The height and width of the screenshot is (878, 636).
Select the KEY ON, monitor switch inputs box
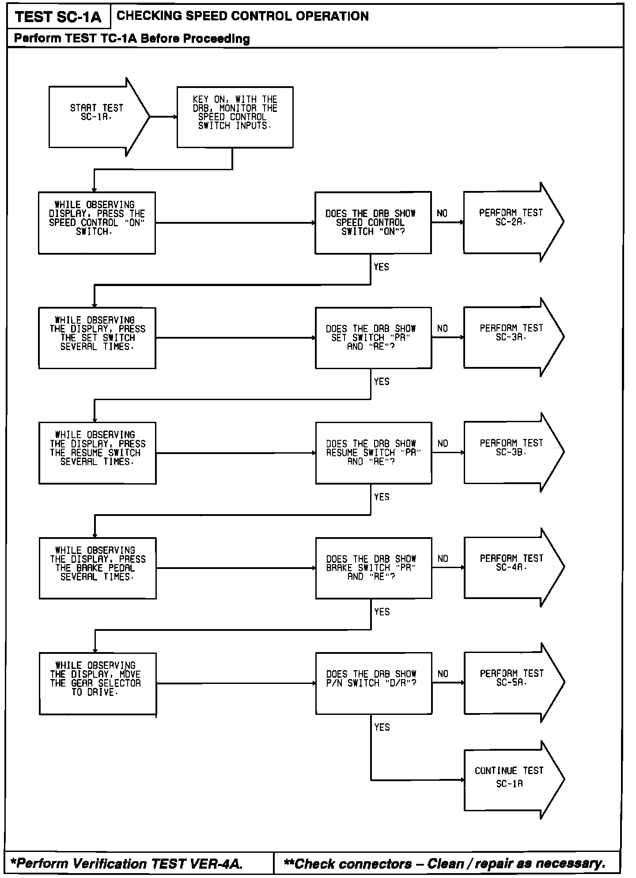[x=235, y=117]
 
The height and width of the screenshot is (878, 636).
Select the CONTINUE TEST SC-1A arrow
[x=510, y=779]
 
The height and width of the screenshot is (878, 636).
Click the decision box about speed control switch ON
[x=373, y=222]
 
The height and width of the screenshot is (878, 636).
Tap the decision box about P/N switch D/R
[x=373, y=683]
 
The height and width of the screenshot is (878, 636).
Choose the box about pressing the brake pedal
[x=98, y=568]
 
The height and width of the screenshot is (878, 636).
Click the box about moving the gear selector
[x=98, y=683]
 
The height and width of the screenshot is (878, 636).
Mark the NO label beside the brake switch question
[x=443, y=559]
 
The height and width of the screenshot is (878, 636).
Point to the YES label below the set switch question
[x=382, y=382]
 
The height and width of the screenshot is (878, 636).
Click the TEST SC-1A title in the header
[x=58, y=17]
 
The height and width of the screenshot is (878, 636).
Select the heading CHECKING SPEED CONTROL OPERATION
[x=242, y=16]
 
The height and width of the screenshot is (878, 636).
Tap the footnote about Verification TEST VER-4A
[x=126, y=863]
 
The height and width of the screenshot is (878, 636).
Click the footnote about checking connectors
[x=444, y=863]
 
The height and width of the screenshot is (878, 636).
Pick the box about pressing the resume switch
[x=97, y=453]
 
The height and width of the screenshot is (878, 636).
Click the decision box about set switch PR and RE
[x=373, y=338]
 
